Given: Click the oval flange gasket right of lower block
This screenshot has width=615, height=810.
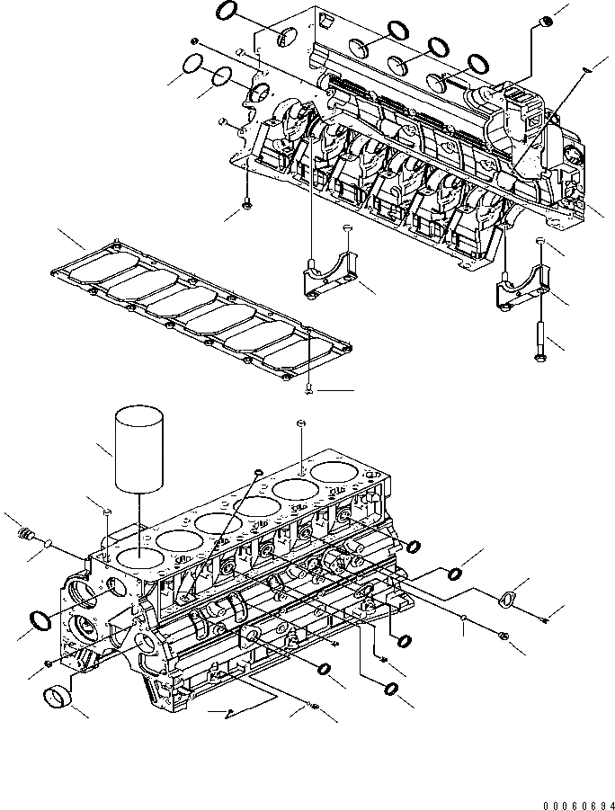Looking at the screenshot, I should pyautogui.click(x=508, y=600).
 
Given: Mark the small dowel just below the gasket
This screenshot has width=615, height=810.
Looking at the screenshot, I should pyautogui.click(x=308, y=388).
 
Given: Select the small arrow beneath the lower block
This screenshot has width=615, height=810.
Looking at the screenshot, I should pyautogui.click(x=228, y=712).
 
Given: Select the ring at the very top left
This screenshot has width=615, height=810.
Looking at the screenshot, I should pyautogui.click(x=228, y=12).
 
